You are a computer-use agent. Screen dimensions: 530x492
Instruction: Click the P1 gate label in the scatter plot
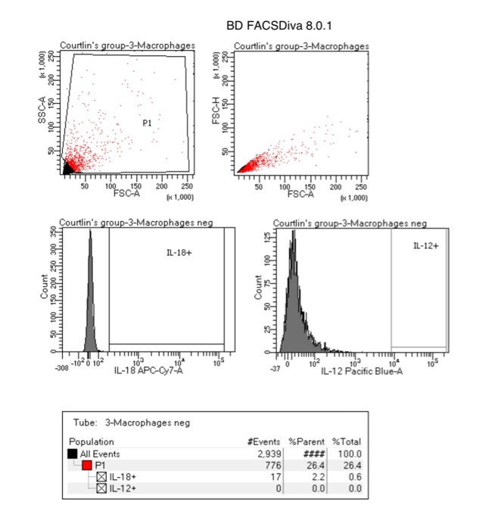point(148,121)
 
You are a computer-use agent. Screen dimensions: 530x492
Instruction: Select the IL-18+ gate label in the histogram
point(178,251)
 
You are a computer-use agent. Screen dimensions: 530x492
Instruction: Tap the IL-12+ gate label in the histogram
point(426,246)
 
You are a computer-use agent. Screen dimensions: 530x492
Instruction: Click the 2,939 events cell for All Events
point(260,453)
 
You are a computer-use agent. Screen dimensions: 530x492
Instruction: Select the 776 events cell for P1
point(266,465)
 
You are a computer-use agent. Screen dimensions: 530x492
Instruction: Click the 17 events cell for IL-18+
point(268,477)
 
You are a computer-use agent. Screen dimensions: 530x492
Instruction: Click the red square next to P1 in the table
point(88,465)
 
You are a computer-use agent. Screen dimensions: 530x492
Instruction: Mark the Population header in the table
point(91,441)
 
